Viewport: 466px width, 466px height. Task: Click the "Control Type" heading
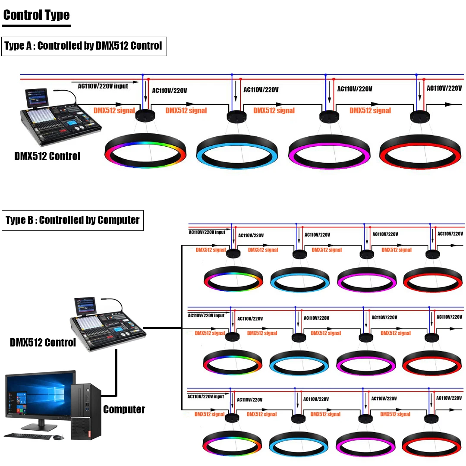[36, 16]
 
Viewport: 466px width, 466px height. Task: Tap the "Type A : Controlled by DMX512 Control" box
[84, 46]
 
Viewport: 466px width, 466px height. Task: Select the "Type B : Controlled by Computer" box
[72, 220]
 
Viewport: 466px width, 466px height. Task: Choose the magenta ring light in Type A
[329, 160]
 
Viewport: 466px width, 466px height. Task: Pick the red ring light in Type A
[420, 160]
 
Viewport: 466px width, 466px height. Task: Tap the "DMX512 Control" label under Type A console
[47, 156]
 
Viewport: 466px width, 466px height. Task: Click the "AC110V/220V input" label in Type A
[103, 86]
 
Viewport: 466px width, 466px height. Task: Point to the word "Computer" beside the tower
[124, 409]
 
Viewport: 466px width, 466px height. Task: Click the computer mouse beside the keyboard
[58, 438]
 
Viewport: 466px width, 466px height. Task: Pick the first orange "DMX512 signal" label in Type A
[114, 110]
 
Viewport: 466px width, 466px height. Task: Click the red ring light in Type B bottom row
[431, 450]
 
